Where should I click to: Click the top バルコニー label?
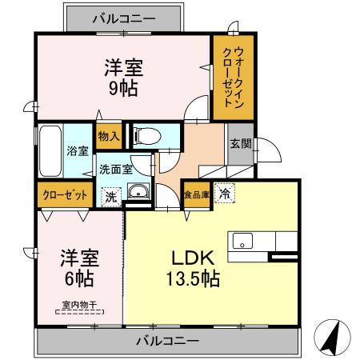123,17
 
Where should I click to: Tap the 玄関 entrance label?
240,145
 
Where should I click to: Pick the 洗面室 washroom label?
115,170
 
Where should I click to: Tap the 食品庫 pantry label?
196,194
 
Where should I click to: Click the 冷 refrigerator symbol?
225,193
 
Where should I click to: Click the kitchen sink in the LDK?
242,240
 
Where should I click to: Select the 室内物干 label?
79,305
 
